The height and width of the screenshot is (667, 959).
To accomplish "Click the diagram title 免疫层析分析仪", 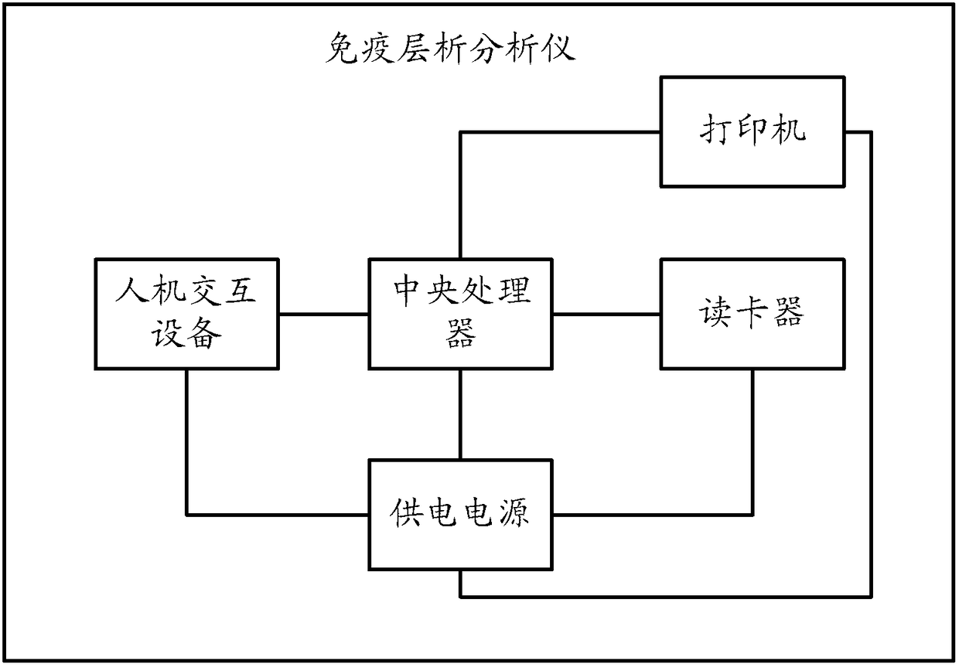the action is point(450,49).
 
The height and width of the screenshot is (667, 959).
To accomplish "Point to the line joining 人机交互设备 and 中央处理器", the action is point(323,314).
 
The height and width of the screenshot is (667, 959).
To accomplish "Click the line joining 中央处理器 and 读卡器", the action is point(606,314).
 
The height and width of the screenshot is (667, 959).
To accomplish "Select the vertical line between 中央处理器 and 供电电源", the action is point(460,414).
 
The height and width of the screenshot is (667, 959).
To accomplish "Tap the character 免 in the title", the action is point(342,49).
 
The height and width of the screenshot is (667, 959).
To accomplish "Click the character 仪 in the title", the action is point(558,49).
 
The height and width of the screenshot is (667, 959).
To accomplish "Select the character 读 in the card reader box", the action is point(714,312).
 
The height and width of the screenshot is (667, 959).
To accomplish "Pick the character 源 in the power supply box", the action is point(514,512).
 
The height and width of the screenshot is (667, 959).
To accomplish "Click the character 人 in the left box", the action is point(132,291).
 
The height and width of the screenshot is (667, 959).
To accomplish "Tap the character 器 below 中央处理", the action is point(461,332).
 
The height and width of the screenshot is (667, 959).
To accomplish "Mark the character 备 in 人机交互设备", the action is point(206,333).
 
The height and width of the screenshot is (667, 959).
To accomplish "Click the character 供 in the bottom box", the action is point(406,512).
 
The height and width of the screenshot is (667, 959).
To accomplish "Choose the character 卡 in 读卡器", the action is point(752,312).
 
